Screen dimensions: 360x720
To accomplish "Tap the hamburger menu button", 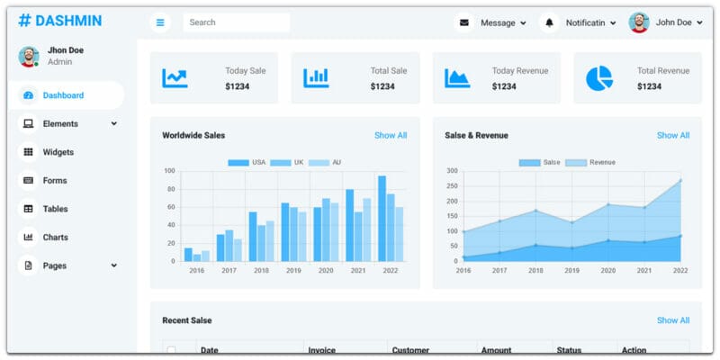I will (x=160, y=22).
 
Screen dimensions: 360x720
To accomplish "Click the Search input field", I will (x=236, y=22).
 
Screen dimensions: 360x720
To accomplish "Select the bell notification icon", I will (x=549, y=22).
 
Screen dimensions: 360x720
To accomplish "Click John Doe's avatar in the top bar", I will (x=639, y=22).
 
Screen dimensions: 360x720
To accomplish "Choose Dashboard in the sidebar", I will (x=63, y=95).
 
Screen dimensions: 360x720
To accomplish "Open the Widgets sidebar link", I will (x=58, y=152).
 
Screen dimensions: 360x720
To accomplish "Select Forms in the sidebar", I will (x=55, y=181).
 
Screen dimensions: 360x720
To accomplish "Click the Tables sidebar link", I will (x=56, y=209).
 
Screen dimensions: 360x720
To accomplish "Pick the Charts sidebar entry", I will (x=56, y=238).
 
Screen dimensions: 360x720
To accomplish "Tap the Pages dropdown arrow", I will (x=114, y=265).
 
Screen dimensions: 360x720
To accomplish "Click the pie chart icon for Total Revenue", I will (x=598, y=78).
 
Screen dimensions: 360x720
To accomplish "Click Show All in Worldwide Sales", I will (x=391, y=136).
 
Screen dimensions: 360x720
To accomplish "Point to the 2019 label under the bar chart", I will (x=293, y=270).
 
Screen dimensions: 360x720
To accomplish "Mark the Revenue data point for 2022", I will (x=680, y=180).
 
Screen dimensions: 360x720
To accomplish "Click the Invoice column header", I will (x=322, y=350).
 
